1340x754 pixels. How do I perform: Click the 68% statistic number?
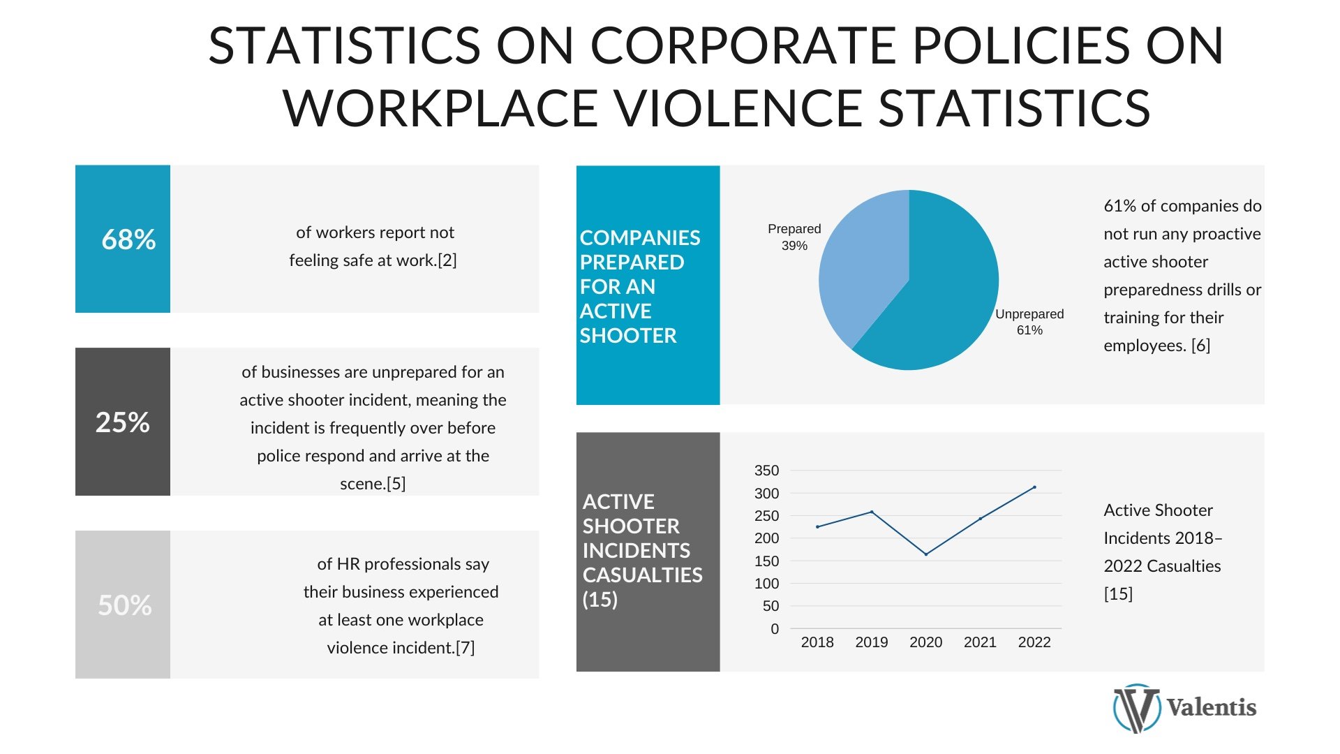coord(128,239)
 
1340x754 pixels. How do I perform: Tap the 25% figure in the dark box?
coord(123,422)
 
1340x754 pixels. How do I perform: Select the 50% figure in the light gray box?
coord(125,605)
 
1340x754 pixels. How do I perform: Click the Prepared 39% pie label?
coord(794,237)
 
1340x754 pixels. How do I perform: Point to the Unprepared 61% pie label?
coord(1029,322)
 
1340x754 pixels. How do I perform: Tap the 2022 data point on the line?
coord(1034,487)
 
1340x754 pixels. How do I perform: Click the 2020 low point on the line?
coord(926,554)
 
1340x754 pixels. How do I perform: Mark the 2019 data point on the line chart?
coord(872,512)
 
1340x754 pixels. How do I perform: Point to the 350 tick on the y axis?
coord(766,471)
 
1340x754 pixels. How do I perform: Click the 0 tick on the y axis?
coord(775,629)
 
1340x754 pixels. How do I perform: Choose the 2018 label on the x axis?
coord(817,642)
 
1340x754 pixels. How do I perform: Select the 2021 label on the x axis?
coord(980,642)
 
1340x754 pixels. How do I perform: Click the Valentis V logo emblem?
coord(1136,708)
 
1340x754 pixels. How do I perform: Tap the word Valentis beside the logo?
coord(1212,708)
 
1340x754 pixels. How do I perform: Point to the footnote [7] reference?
coord(465,648)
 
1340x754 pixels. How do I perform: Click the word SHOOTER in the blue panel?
coord(628,336)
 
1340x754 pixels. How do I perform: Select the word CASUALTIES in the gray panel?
coord(643,575)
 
